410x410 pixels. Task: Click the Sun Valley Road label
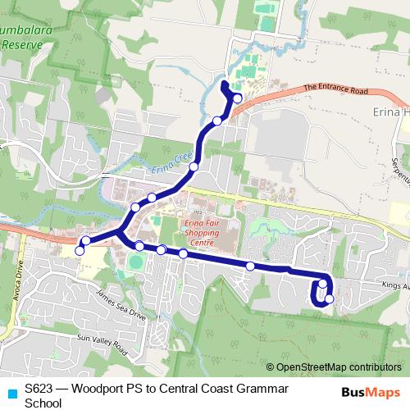click(102, 344)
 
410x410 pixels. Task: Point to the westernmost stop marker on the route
click(80, 250)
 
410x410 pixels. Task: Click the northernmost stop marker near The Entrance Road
click(237, 98)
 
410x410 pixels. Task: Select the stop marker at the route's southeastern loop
click(329, 299)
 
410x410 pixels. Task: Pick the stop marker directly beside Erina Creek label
click(194, 167)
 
